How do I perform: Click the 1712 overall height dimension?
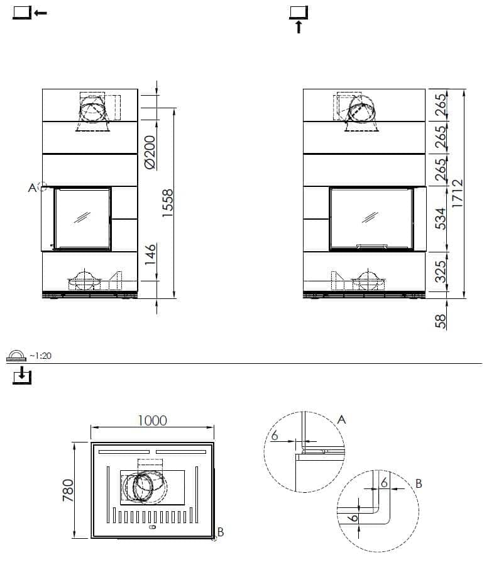tap(458, 193)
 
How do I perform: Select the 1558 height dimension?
tap(168, 203)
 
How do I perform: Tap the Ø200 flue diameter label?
tap(150, 152)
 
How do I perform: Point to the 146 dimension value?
tap(151, 254)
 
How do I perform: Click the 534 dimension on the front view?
tap(440, 218)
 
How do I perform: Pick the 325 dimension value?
tap(440, 271)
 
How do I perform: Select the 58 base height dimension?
tap(440, 321)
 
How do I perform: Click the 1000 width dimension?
tap(153, 420)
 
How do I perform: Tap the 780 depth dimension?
tap(69, 490)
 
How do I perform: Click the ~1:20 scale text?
tap(41, 356)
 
